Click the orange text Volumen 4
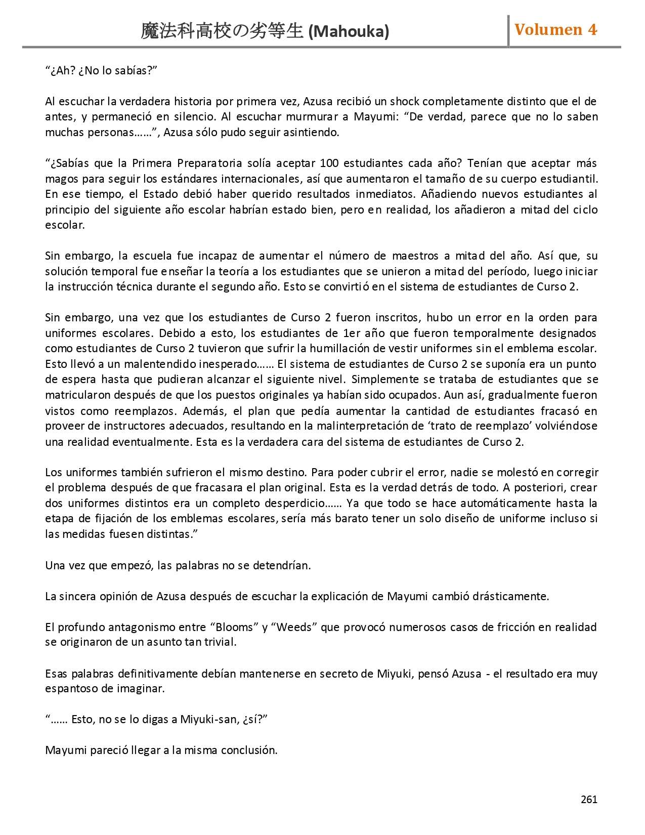click(555, 30)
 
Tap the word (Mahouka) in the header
click(349, 32)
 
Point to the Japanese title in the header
click(223, 32)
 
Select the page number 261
click(589, 799)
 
